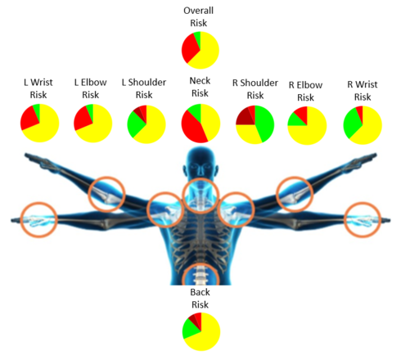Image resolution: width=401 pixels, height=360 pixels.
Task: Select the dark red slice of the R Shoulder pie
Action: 243,117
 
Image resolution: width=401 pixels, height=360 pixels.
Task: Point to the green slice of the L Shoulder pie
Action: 135,124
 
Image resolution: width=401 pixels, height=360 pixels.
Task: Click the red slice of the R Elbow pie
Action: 302,115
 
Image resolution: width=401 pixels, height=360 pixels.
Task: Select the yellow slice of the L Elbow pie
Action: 98,128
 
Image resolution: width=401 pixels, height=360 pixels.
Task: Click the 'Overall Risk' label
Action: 199,17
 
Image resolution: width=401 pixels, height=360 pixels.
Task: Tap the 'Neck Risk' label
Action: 200,87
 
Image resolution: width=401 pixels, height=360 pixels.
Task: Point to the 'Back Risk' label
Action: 200,299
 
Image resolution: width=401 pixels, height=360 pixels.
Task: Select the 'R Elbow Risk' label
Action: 305,91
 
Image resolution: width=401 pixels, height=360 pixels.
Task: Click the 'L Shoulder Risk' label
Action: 144,88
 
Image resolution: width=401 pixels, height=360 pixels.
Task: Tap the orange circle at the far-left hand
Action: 21,219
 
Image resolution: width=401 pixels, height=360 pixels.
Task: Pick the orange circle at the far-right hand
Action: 381,219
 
